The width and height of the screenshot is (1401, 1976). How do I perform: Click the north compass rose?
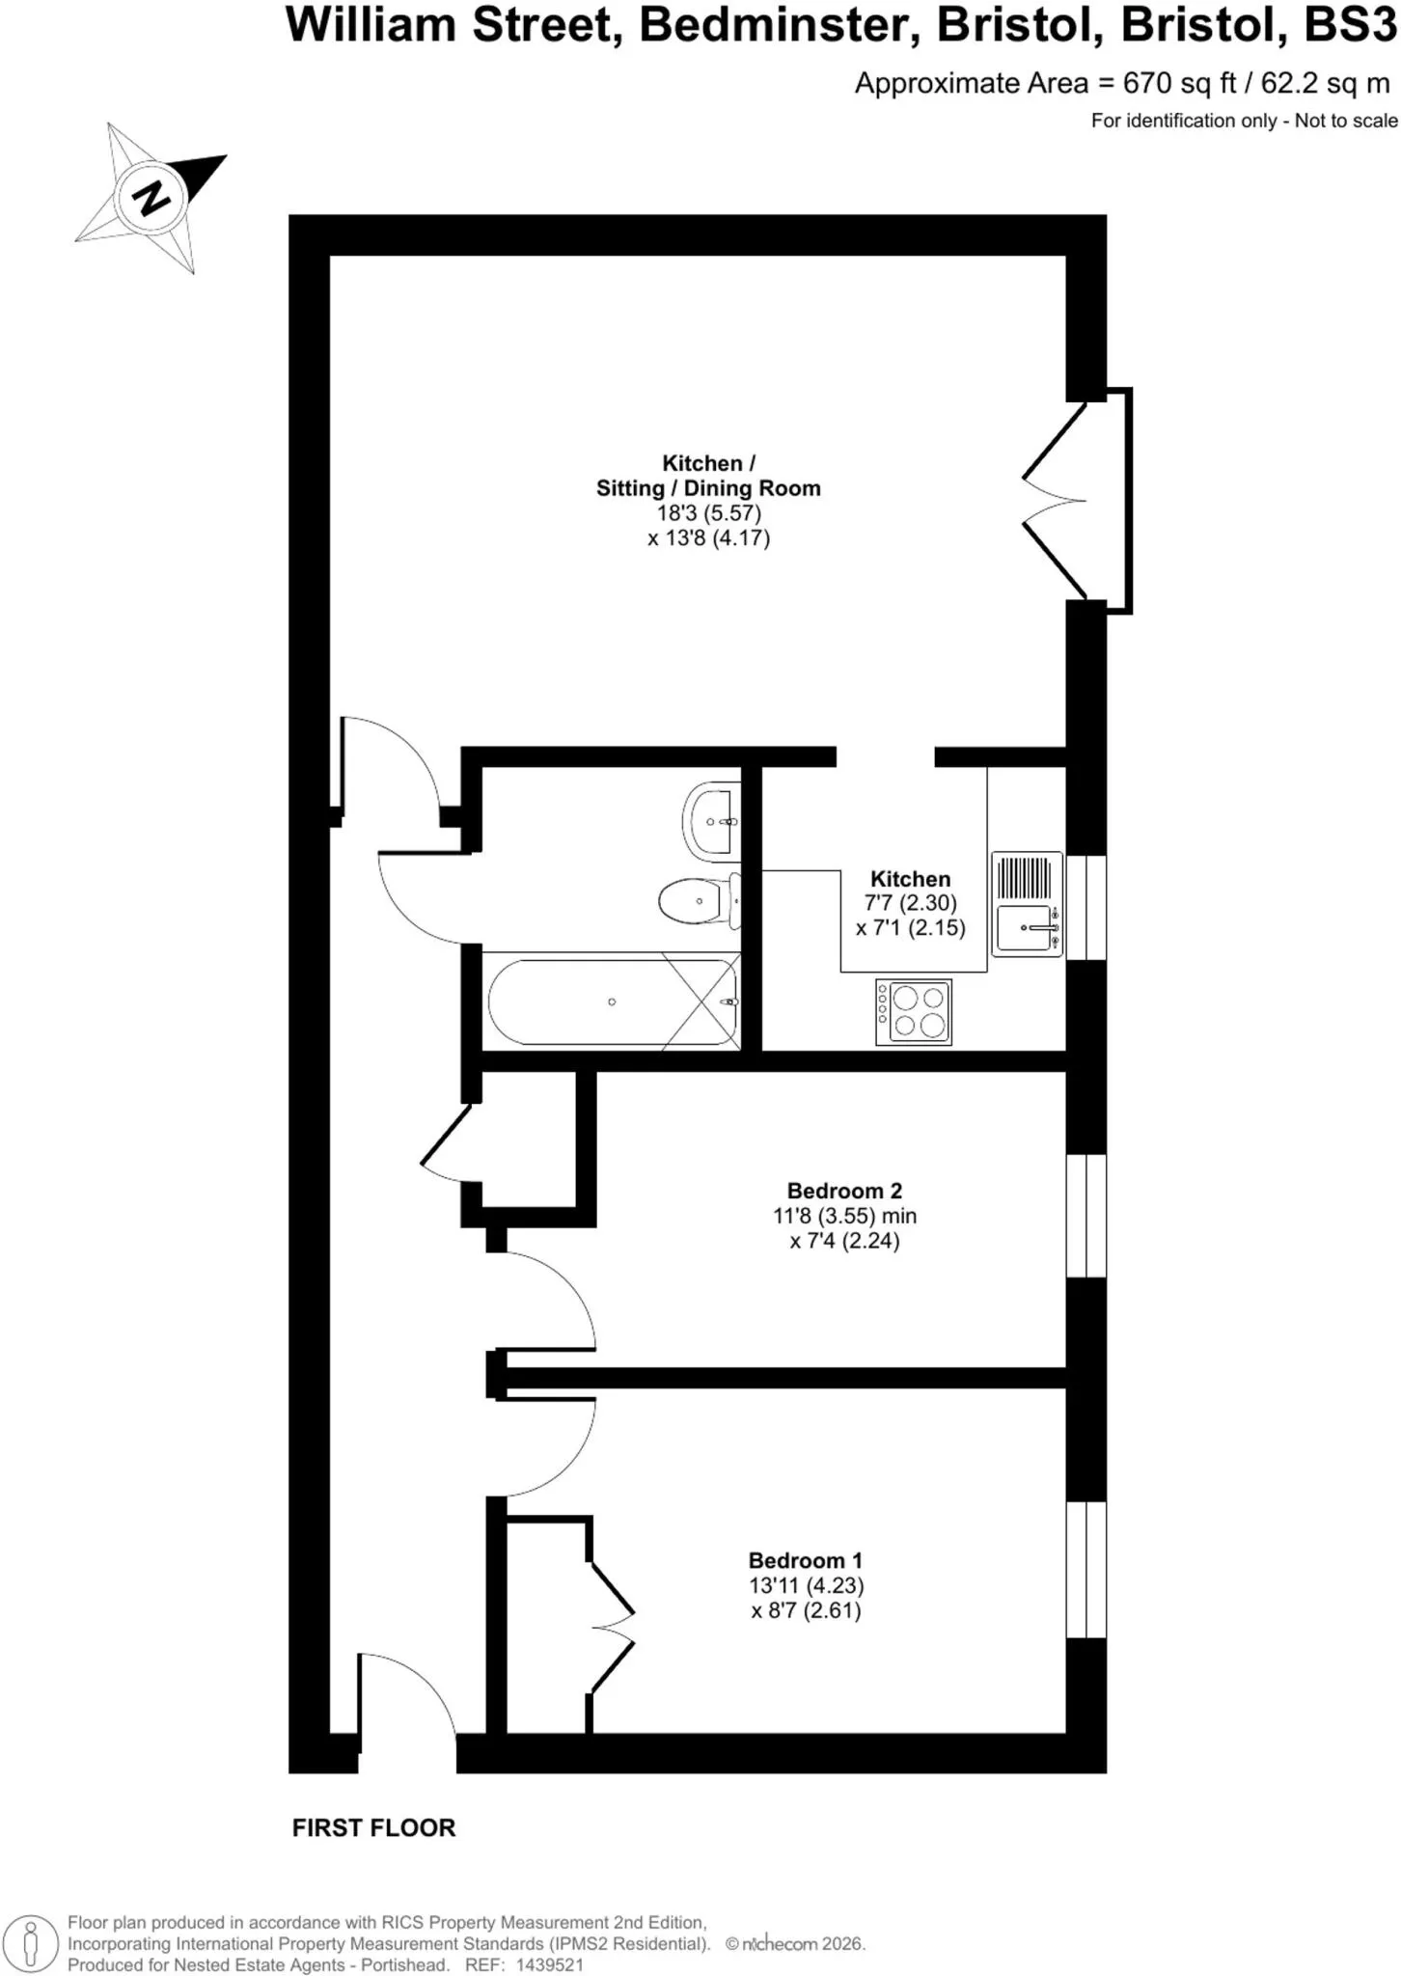tap(151, 198)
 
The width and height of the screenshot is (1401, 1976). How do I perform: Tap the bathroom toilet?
tap(700, 901)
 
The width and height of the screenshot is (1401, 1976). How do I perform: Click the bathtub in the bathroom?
tap(613, 1002)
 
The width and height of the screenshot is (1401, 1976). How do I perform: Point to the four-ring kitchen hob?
tap(914, 1012)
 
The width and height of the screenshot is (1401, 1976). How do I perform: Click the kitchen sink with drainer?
tap(1028, 904)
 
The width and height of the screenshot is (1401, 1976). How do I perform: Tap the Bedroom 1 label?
tap(806, 1560)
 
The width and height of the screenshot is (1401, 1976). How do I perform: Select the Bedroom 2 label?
tap(844, 1191)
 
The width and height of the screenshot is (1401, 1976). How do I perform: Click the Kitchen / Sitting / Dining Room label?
tap(708, 476)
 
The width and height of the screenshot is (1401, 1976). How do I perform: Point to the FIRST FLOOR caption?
tap(373, 1827)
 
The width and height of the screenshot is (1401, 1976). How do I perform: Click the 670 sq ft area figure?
tap(1180, 84)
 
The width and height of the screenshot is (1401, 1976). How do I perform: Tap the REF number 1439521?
tap(550, 1964)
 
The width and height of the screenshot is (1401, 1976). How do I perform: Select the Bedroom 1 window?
tap(1086, 1569)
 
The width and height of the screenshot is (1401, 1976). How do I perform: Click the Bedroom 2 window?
tap(1086, 1215)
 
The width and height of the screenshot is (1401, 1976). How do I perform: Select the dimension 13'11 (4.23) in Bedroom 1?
tap(806, 1585)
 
